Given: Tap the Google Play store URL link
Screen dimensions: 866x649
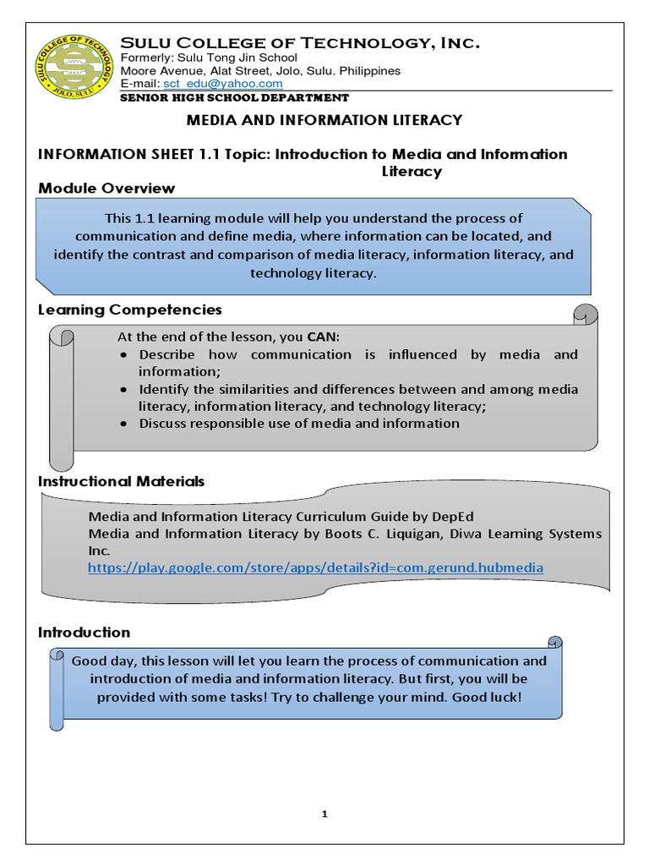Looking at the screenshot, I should [315, 568].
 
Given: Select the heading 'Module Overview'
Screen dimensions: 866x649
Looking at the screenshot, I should [107, 188].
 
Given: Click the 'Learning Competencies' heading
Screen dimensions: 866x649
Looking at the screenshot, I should [130, 310].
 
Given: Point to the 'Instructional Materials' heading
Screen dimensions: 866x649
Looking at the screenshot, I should [122, 481].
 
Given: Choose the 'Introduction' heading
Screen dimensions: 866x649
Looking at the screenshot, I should [85, 633].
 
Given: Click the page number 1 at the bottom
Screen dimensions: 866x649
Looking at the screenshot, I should [324, 814].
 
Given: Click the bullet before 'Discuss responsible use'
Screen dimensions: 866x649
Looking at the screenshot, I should [123, 424].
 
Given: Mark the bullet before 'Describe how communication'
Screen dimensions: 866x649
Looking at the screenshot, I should [123, 355].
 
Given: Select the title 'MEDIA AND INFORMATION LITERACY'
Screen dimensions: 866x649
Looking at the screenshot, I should [324, 120].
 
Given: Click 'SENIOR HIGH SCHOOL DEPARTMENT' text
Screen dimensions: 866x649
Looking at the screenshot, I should [235, 98].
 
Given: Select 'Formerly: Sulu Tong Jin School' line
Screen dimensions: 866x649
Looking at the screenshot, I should [209, 58].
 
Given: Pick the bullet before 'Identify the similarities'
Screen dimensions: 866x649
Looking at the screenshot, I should [123, 390].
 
